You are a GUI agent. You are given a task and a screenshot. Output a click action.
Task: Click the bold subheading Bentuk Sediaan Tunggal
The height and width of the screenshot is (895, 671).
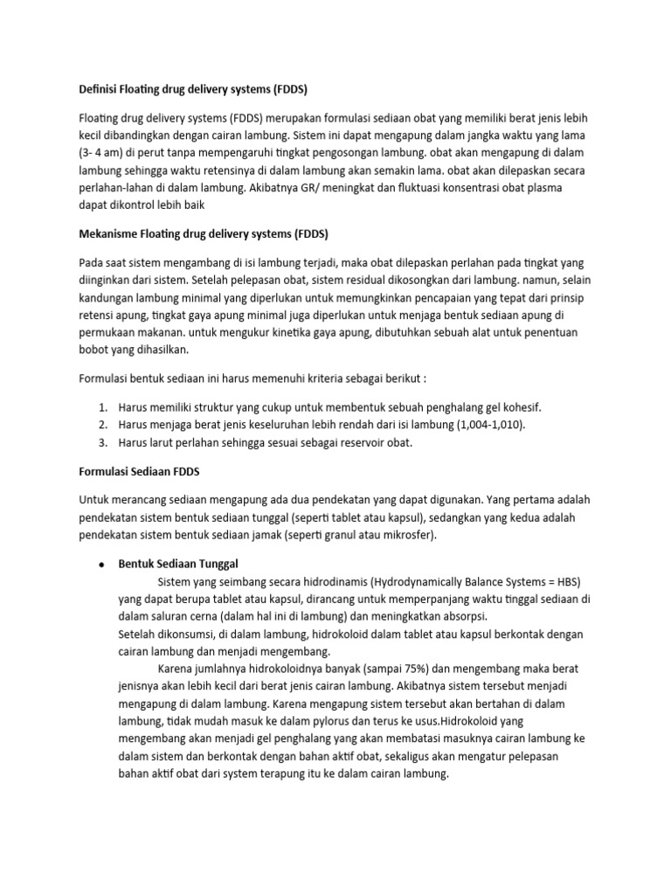click(178, 563)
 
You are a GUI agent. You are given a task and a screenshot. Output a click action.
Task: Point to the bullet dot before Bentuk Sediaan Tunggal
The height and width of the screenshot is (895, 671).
click(101, 564)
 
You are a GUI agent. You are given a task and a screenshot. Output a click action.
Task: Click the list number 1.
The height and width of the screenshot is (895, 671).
click(101, 407)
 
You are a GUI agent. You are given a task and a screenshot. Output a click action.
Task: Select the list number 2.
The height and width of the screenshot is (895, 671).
click(101, 425)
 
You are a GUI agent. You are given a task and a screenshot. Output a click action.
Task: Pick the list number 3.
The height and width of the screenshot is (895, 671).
click(101, 442)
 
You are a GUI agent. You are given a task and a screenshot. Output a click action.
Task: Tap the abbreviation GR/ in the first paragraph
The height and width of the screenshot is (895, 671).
click(328, 187)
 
